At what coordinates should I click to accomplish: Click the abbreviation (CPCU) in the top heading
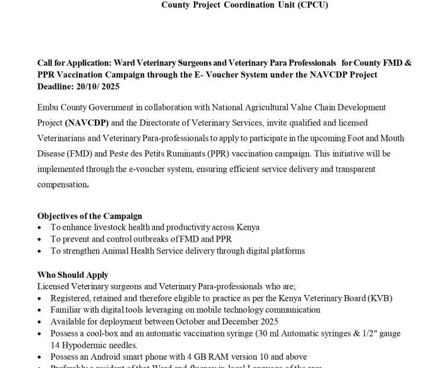coord(308,5)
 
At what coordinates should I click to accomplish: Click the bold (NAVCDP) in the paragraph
coord(87,123)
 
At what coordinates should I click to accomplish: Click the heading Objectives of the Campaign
coord(90,216)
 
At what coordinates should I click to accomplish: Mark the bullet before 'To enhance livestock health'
coord(40,227)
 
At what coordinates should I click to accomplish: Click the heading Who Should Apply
coord(73,275)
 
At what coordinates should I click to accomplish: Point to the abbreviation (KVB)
coord(380,298)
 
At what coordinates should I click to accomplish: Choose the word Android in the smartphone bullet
coord(109,357)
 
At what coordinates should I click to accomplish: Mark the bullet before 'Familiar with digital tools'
coord(40,310)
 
